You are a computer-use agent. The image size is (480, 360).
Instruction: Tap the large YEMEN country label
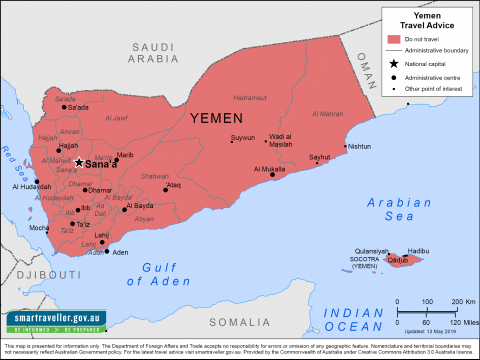point(226,118)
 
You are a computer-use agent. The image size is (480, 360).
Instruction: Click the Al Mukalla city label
point(268,170)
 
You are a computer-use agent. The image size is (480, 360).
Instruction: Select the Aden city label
point(120,253)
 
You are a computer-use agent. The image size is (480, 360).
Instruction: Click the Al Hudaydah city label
point(31,186)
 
